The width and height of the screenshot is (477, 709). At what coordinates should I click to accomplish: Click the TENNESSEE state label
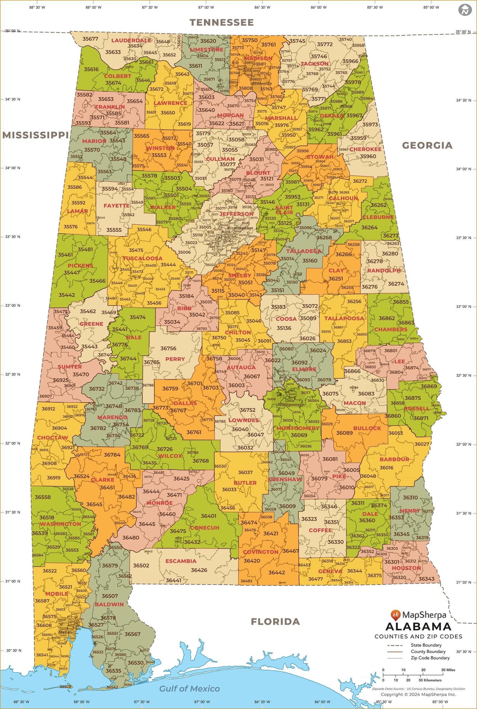[222, 22]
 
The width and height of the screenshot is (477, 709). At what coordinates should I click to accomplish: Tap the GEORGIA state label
[427, 145]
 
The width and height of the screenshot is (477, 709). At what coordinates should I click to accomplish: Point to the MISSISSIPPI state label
[35, 135]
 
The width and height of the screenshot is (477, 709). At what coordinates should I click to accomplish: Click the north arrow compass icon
[464, 10]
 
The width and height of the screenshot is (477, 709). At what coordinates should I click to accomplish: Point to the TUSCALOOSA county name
[143, 258]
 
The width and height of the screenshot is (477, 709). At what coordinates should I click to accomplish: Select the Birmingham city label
[240, 228]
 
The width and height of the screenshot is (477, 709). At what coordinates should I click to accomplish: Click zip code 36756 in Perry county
[168, 348]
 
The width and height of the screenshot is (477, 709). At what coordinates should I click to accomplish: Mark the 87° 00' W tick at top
[206, 7]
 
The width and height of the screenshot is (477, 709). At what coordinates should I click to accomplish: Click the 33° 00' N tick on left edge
[13, 305]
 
